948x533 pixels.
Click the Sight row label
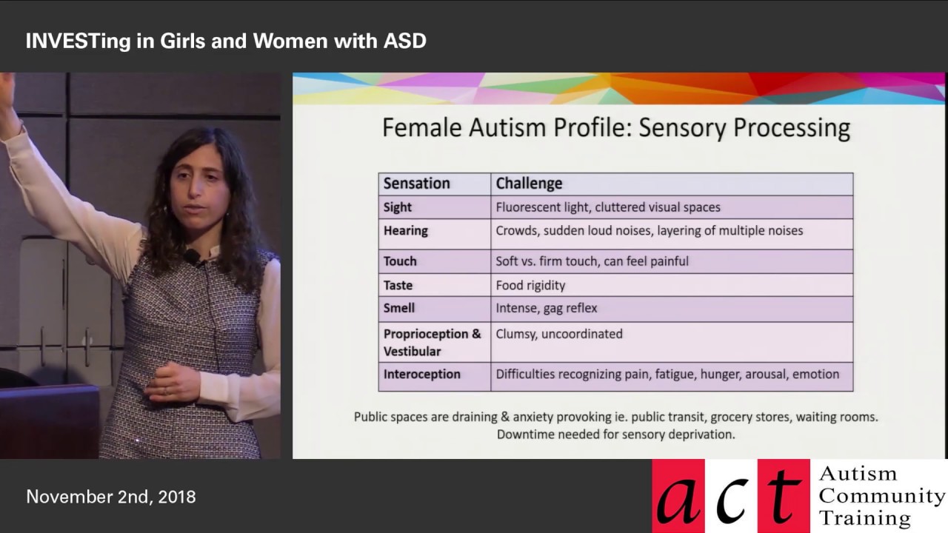[x=398, y=207]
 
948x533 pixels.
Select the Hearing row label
[x=405, y=230]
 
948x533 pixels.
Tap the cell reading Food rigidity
[x=530, y=285]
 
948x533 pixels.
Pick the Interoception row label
[x=421, y=374]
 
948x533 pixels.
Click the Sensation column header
[x=416, y=184]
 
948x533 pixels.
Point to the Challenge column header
[x=529, y=184]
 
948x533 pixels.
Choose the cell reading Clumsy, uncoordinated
[x=558, y=334]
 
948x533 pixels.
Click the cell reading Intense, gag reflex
[x=546, y=308]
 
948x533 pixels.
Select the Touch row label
[x=400, y=261]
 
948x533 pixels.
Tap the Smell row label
[x=398, y=308]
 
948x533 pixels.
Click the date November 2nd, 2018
[x=111, y=497]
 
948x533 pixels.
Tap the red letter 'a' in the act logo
[x=680, y=498]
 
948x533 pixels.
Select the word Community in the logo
[x=881, y=495]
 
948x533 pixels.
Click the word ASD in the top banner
[x=404, y=41]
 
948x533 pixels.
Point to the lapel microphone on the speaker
[x=191, y=257]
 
